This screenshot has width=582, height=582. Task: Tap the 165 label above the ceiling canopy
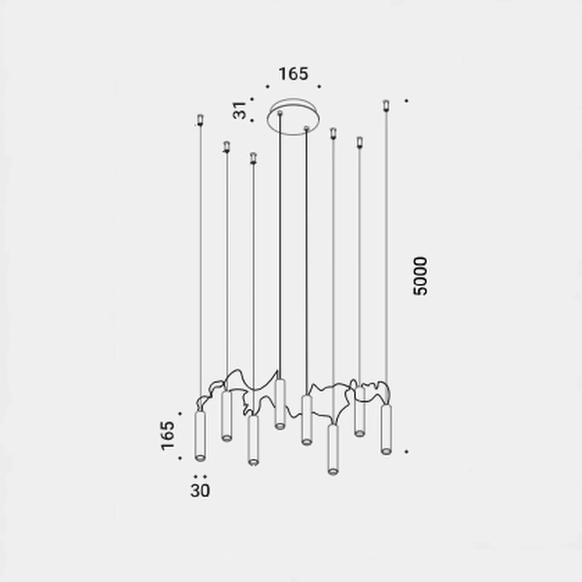pyautogui.click(x=293, y=74)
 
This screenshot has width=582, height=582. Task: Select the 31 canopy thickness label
pyautogui.click(x=240, y=110)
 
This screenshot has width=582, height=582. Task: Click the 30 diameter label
pyautogui.click(x=200, y=490)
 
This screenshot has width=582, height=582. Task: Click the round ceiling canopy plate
pyautogui.click(x=293, y=117)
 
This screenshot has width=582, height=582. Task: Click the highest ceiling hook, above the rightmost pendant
pyautogui.click(x=386, y=105)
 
